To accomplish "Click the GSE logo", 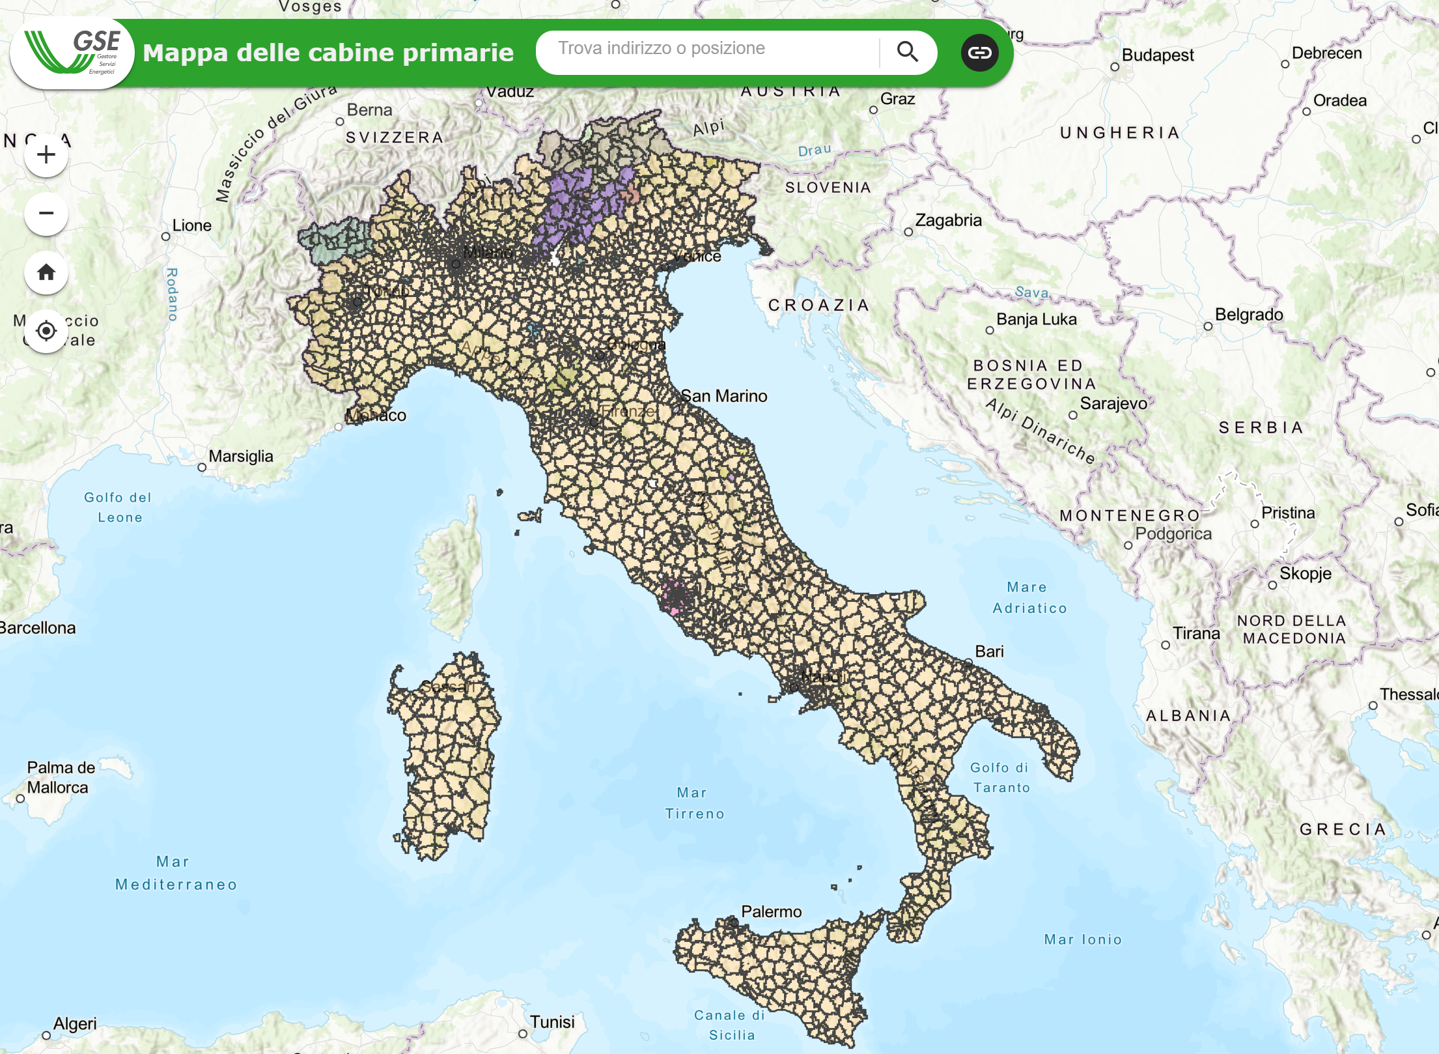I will tap(72, 53).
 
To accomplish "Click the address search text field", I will tap(706, 50).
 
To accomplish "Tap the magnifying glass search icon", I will tap(907, 51).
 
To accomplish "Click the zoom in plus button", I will tap(46, 155).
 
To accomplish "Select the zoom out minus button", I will tap(46, 214).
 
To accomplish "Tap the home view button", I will tap(46, 272).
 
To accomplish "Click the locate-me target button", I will tap(46, 331).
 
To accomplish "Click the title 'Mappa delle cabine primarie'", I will tap(328, 53).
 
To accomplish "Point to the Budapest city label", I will tap(1157, 55).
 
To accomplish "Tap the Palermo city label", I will tap(771, 911).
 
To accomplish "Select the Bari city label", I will tap(989, 651).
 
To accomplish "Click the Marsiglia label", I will tap(240, 456).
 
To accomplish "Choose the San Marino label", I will tap(723, 396).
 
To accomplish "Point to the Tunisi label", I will tap(552, 1021).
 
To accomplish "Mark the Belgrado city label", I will tap(1248, 315).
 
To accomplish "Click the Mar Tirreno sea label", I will tap(694, 803).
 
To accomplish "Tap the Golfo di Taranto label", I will tap(1001, 778).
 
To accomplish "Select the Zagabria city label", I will tap(948, 220).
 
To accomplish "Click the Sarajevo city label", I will tap(1113, 404).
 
